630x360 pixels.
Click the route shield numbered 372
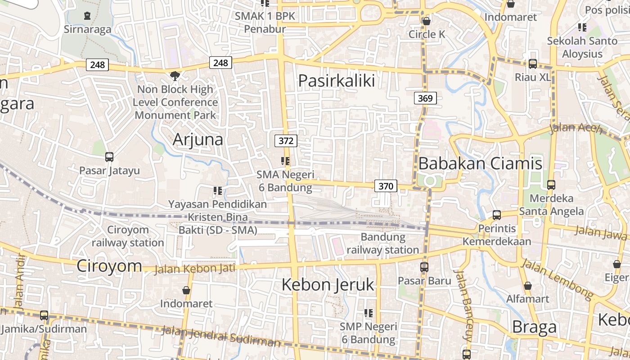coord(286,141)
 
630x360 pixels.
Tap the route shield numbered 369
coord(425,98)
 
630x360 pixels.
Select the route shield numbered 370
coord(386,186)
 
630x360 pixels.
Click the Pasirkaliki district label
coord(337,81)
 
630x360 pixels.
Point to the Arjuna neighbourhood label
coord(198,139)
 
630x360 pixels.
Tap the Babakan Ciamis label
coord(480,163)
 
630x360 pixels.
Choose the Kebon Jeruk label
coord(328,284)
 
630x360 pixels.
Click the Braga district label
coord(534,327)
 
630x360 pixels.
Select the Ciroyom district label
coord(109,265)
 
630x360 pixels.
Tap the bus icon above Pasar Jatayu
coord(109,157)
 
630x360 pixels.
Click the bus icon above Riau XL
coord(533,64)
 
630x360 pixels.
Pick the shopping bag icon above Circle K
coord(426,21)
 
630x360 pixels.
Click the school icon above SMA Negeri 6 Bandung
coord(285,161)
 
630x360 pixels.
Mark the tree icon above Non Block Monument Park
coord(175,76)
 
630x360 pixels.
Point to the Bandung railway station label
coord(383,243)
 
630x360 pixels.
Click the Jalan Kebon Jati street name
coord(195,269)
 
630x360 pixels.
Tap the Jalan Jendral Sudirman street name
coord(220,337)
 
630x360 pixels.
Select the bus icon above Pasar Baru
coord(424,267)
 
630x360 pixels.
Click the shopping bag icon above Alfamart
coord(528,286)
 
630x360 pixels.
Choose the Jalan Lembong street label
coord(557,279)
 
